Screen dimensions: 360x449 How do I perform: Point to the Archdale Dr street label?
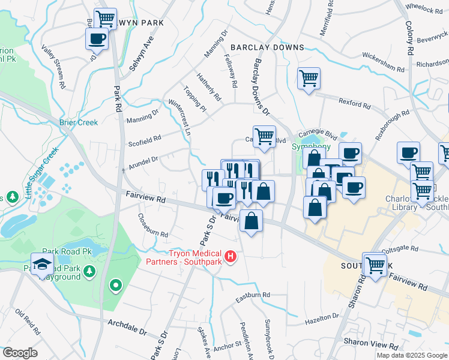tap(127, 327)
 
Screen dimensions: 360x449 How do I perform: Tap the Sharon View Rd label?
tap(370, 346)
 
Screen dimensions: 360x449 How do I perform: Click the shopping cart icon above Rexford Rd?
tap(309, 78)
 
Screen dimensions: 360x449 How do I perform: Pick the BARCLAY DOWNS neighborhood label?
tap(267, 47)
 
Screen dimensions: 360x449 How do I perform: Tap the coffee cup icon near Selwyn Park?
tap(97, 40)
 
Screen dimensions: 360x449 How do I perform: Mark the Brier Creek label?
tap(79, 122)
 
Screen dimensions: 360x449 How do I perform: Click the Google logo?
tap(20, 352)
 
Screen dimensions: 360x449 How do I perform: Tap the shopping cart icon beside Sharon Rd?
tap(375, 263)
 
